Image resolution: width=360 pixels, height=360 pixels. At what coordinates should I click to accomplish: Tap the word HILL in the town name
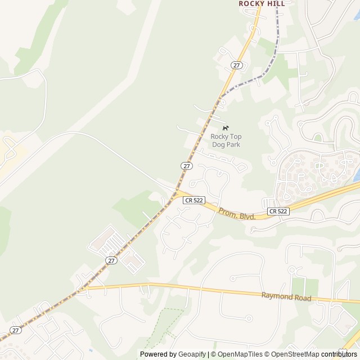point(276,3)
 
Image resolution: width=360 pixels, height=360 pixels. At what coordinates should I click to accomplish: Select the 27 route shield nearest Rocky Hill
point(236,65)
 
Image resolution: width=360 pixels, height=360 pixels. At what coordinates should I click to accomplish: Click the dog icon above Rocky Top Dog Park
point(226,128)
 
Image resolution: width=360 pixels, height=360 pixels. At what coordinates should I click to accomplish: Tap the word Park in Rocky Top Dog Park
point(232,145)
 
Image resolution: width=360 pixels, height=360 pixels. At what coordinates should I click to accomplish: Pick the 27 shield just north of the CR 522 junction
point(187,166)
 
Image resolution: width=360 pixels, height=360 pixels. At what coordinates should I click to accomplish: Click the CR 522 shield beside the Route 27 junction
point(193,200)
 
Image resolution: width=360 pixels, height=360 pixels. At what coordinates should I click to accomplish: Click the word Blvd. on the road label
point(246,216)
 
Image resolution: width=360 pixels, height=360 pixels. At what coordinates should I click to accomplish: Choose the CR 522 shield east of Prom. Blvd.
point(278,211)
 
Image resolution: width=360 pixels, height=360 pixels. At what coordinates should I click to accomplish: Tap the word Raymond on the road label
point(277,296)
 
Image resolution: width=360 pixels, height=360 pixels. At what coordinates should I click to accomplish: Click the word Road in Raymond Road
point(303,298)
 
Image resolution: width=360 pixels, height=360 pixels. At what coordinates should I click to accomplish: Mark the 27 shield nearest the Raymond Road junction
point(111,260)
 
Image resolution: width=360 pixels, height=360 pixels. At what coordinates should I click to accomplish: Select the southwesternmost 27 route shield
point(16,330)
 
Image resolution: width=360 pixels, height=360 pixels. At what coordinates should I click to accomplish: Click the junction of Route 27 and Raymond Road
point(84,289)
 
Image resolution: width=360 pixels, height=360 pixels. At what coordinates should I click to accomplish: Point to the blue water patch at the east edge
point(357,175)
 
